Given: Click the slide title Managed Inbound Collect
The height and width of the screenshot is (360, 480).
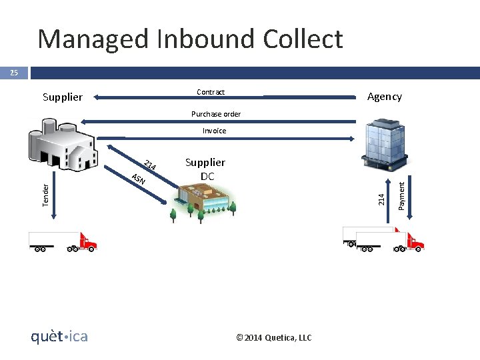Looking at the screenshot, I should click(x=190, y=39).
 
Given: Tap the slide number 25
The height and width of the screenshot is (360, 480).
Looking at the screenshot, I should click(x=13, y=73).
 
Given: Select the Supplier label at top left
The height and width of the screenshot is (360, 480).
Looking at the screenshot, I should click(x=63, y=97).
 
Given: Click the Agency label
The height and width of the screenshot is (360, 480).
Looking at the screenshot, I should click(x=385, y=97).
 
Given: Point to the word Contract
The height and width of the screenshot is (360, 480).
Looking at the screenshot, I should click(x=211, y=92).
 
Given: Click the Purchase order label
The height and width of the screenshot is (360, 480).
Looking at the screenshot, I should click(x=216, y=114).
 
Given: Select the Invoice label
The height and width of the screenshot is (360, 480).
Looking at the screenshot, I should click(x=214, y=131).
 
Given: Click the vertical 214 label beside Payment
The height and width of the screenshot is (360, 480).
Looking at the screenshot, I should click(x=381, y=199).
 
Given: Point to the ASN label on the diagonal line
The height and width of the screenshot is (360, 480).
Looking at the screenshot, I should click(x=138, y=179).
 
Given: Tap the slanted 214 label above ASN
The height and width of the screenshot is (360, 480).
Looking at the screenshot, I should click(x=150, y=165).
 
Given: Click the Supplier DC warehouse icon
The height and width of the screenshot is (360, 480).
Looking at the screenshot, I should click(x=203, y=199).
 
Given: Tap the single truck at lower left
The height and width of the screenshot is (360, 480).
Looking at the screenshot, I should click(x=63, y=241).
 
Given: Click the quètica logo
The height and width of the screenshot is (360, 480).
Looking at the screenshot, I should click(x=59, y=337).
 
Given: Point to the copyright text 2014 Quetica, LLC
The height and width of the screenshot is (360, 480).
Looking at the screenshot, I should click(x=273, y=337).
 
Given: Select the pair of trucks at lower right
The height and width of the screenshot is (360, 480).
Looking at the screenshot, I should click(x=383, y=239).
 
